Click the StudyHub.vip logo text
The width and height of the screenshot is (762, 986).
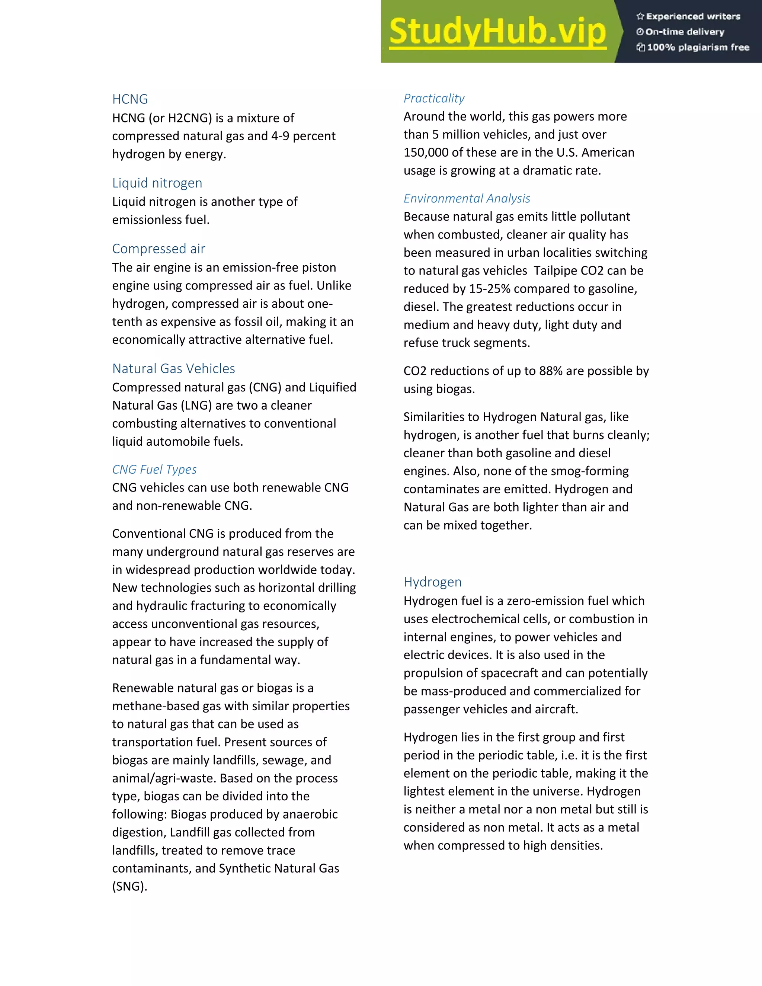coord(497,32)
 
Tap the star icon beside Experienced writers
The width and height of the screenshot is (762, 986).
coord(640,17)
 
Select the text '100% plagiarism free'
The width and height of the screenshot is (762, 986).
coord(698,47)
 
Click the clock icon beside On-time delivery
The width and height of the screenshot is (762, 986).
coord(640,32)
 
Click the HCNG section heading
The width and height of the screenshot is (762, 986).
coord(130,99)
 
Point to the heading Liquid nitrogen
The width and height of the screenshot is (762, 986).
coord(157,183)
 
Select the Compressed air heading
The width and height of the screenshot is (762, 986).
coord(159,249)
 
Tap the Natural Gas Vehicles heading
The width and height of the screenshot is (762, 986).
coord(173,368)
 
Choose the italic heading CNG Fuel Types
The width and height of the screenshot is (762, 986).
coord(154,470)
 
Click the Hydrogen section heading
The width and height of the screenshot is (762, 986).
coord(432,582)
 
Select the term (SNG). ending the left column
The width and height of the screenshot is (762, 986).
coord(129,886)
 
